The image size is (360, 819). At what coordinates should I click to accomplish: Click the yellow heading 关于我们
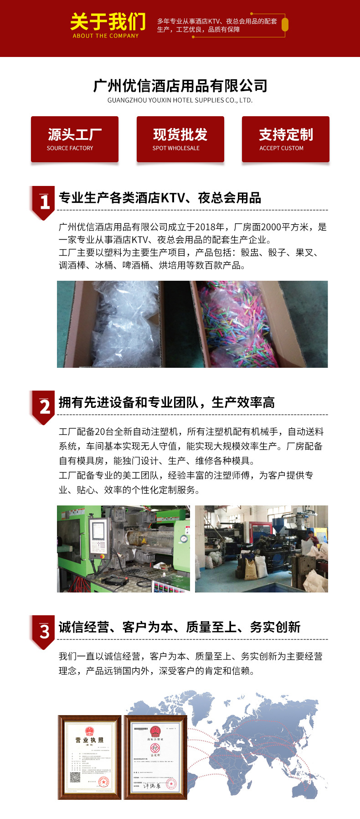click(x=108, y=21)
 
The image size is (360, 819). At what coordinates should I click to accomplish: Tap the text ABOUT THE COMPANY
click(x=106, y=36)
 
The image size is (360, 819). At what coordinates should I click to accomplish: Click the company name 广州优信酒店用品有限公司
click(x=180, y=86)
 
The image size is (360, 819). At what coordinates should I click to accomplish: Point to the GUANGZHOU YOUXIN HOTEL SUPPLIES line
click(x=180, y=100)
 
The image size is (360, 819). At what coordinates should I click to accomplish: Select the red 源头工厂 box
click(x=75, y=139)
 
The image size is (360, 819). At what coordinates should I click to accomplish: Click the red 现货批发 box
click(x=180, y=139)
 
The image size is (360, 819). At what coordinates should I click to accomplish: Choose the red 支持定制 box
click(x=285, y=139)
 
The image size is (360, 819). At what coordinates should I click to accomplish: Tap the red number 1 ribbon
click(x=44, y=202)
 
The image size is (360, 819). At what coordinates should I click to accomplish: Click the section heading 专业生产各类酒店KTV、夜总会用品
click(x=160, y=198)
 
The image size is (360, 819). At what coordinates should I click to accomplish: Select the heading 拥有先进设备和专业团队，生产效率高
click(x=167, y=402)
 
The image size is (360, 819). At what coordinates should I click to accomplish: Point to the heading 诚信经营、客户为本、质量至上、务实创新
click(x=180, y=627)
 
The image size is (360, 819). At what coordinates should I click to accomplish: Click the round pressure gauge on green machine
click(x=183, y=538)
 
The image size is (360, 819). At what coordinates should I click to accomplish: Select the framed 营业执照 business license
click(x=90, y=757)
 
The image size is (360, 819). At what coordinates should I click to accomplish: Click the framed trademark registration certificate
click(x=155, y=757)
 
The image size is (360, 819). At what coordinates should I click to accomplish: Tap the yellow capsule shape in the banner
click(x=285, y=25)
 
